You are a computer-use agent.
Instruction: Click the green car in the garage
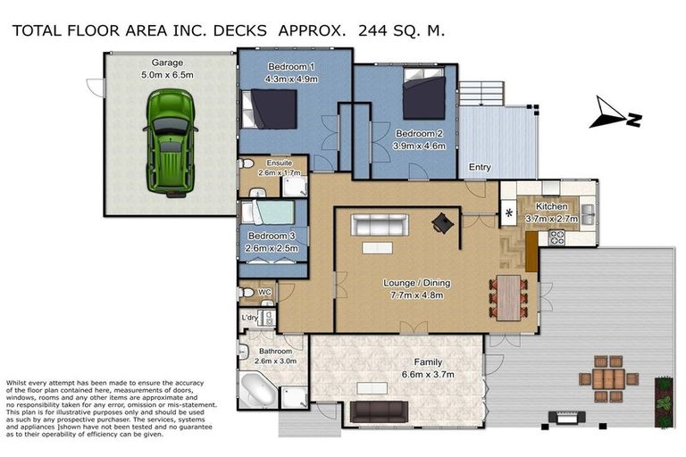point(170,143)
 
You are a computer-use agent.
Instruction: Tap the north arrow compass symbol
point(615,112)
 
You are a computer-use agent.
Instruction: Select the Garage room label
point(167,62)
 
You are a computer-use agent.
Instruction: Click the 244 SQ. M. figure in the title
point(401,30)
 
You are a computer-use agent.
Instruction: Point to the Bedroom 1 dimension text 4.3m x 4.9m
point(291,79)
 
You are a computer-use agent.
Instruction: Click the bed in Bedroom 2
point(424,93)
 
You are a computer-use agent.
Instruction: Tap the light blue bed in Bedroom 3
point(268,212)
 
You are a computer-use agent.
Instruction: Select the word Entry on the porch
point(480,167)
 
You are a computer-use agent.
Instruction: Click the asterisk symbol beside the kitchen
point(509,213)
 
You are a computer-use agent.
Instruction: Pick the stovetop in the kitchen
point(557,237)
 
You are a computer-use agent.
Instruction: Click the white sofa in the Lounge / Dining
point(380,225)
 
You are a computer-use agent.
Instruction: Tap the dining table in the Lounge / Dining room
point(508,297)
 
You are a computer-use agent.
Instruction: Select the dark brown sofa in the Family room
point(380,411)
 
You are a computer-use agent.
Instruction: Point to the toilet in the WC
point(246,292)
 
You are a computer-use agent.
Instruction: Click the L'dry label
point(249,318)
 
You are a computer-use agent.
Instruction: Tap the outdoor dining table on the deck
point(608,378)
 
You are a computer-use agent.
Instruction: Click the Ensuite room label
point(279,163)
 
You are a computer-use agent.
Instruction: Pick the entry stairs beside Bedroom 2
point(481,93)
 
